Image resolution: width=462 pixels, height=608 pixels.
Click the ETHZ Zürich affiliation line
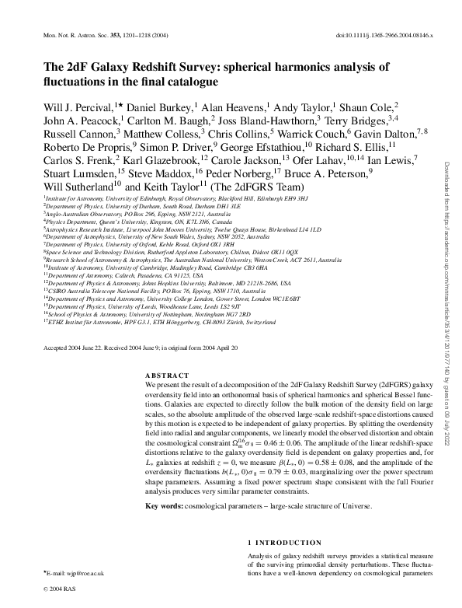(170, 320)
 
